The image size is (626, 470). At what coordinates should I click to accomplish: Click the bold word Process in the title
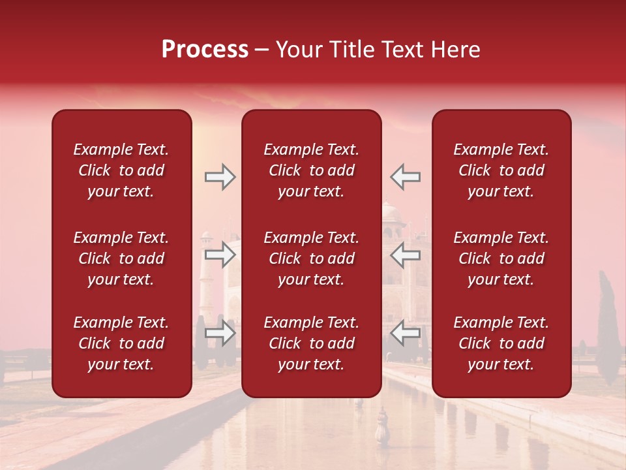tap(205, 50)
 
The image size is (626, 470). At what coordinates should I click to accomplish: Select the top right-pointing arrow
tap(220, 177)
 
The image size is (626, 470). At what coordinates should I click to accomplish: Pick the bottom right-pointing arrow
tap(220, 333)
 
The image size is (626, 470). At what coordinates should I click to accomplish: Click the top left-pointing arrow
tap(406, 177)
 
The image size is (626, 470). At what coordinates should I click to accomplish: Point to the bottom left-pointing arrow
tap(406, 333)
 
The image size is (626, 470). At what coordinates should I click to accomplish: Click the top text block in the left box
tap(121, 170)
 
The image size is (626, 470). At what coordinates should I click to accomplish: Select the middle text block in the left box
tap(121, 258)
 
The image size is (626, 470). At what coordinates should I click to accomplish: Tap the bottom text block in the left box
tap(121, 343)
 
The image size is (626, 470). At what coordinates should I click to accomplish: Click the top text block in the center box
tap(311, 170)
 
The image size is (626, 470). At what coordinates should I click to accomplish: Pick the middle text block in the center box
tap(311, 258)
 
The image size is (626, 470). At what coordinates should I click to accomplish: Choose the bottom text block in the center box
tap(311, 343)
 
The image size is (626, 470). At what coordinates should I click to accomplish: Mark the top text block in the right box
tap(501, 170)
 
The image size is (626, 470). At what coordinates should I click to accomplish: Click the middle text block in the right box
tap(501, 258)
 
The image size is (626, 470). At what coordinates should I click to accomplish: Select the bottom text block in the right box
tap(501, 343)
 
